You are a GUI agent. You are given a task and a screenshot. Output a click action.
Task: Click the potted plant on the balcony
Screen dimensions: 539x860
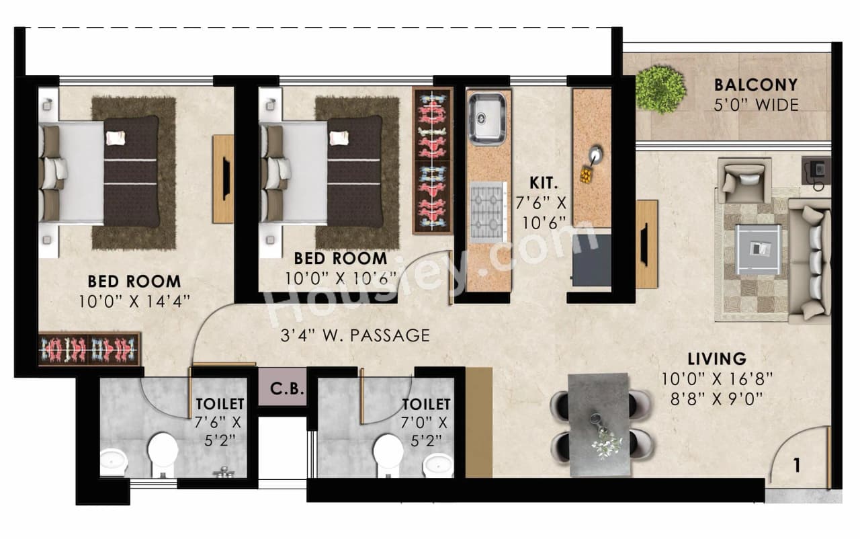[x=660, y=89]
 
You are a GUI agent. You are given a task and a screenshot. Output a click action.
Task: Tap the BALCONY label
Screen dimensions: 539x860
[x=756, y=85]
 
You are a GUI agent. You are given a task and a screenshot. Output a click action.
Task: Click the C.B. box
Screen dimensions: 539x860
[x=282, y=388]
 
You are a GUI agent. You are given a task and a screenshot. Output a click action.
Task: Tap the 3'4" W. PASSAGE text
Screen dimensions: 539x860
[x=355, y=335]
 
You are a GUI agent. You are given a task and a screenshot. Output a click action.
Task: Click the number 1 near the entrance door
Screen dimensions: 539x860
[x=797, y=465]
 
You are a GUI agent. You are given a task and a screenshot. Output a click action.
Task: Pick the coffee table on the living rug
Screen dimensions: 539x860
[x=758, y=249]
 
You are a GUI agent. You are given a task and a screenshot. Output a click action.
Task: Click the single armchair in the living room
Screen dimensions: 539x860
[x=743, y=180]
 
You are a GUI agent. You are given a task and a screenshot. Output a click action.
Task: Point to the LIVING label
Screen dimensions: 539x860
[x=716, y=358]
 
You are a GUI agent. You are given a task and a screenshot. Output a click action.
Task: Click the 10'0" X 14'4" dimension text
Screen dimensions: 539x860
[x=134, y=300]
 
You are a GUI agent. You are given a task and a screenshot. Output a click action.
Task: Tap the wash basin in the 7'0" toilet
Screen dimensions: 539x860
[x=439, y=464]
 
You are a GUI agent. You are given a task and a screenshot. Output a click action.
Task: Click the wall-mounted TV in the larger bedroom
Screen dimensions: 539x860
[x=224, y=179]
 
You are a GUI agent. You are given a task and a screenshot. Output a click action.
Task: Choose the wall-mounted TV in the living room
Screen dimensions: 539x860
[x=646, y=244]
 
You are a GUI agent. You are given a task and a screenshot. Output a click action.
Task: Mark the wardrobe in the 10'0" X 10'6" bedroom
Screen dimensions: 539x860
[x=432, y=161]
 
